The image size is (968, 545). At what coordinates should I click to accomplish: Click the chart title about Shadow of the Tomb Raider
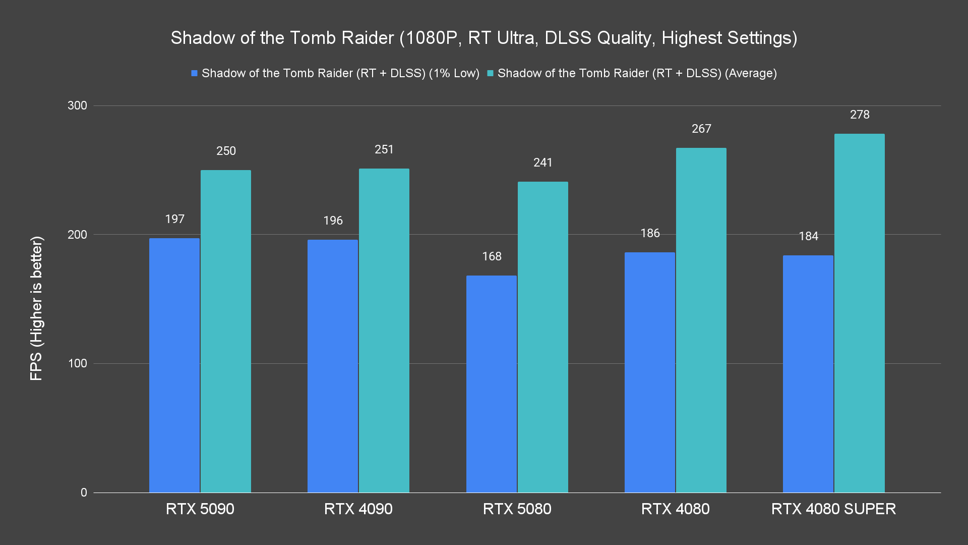click(x=484, y=38)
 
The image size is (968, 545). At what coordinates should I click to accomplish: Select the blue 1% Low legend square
click(x=194, y=74)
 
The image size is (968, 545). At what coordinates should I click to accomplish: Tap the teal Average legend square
click(x=490, y=74)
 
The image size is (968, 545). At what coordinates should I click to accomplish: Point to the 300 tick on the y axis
click(x=77, y=105)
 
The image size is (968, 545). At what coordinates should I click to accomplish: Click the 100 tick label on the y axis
click(x=77, y=363)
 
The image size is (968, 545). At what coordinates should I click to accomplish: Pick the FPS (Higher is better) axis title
click(x=36, y=308)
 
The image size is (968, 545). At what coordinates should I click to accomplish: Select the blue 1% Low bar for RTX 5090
click(x=174, y=365)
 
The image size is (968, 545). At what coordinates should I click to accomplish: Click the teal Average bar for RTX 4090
click(x=384, y=331)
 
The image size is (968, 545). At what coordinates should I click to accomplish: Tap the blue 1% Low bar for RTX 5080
click(x=492, y=384)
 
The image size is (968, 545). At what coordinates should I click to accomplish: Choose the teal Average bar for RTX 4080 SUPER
click(x=859, y=313)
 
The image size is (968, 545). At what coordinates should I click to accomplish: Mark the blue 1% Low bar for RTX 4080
click(x=650, y=372)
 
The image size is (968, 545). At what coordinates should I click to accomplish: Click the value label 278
click(x=860, y=115)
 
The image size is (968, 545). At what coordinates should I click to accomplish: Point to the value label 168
click(x=492, y=256)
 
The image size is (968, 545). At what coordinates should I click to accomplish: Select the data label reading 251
click(x=384, y=149)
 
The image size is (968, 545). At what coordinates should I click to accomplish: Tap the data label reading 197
click(x=174, y=219)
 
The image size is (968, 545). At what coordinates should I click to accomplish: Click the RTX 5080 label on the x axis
click(x=517, y=509)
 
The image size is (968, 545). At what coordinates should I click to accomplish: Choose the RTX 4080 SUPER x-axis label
click(x=833, y=509)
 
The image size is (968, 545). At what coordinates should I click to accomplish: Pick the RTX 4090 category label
click(x=358, y=509)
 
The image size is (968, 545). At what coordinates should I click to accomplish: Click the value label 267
click(x=701, y=129)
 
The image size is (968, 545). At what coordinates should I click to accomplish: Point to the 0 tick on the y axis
click(x=84, y=493)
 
